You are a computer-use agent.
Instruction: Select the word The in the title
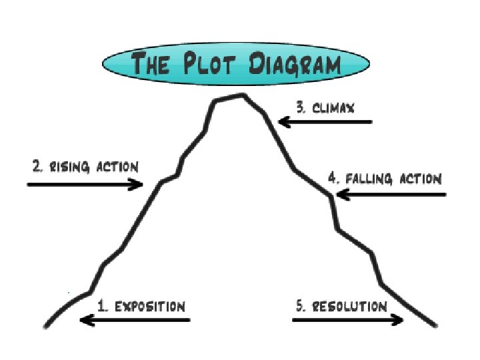coord(153,66)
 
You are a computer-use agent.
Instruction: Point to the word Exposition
coord(149,307)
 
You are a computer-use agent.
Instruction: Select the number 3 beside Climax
coord(301,107)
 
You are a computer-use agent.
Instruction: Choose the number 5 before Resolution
coord(301,307)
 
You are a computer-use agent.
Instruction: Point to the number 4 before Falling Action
coord(333,179)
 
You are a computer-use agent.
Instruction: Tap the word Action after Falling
coord(420,179)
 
